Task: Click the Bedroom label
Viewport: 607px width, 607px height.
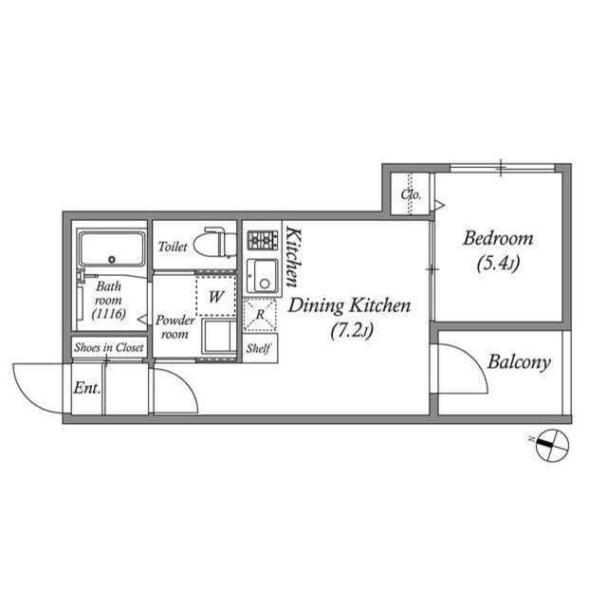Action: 498,238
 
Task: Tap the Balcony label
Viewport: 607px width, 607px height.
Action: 519,362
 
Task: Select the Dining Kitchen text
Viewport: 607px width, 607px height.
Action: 349,305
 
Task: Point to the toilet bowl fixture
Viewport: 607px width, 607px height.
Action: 214,243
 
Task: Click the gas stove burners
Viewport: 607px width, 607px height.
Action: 263,240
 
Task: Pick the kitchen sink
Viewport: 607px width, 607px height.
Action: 263,276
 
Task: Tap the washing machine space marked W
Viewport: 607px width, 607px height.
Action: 215,297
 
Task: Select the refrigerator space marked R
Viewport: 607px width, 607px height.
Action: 260,315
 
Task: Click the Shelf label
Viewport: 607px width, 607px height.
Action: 258,348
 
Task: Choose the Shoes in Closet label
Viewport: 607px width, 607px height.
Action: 109,347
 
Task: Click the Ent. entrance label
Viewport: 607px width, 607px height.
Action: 87,388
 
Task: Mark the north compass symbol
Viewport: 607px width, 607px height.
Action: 552,445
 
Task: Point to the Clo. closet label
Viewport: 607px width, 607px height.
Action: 411,193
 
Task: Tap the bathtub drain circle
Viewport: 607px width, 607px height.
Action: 112,260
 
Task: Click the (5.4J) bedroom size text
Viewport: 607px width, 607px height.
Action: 498,264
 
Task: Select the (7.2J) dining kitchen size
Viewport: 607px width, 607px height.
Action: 352,331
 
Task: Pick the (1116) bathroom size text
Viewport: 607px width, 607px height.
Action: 109,314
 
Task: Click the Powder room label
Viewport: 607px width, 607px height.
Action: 175,327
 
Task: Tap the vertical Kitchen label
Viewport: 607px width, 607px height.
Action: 293,257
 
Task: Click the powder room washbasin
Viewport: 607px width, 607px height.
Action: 218,336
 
